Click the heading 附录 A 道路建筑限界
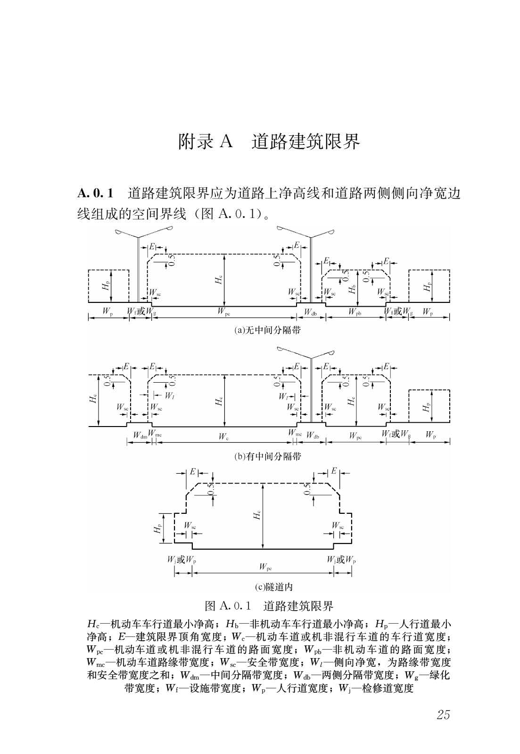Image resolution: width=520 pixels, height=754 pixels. (x=269, y=142)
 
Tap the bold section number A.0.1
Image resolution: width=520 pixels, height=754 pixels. (x=95, y=193)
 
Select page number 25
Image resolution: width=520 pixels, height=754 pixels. (x=443, y=715)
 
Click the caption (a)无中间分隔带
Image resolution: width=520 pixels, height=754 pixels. (x=267, y=330)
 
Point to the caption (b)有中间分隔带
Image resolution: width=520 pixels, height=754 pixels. (x=267, y=456)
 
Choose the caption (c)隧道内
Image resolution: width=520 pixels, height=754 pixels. (x=273, y=587)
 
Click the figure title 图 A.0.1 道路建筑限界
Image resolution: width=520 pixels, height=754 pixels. (x=269, y=606)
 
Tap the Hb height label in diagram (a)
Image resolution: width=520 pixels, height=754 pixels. (x=352, y=289)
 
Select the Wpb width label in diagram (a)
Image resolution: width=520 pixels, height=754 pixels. (x=355, y=311)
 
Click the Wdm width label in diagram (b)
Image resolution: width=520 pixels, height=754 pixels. (x=140, y=436)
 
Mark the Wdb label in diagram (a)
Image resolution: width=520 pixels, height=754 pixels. (x=310, y=312)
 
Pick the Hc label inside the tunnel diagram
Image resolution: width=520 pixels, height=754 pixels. (x=257, y=514)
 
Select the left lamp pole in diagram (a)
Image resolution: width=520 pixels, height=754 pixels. (x=138, y=269)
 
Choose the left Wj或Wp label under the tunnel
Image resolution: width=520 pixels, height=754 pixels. (x=182, y=560)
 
